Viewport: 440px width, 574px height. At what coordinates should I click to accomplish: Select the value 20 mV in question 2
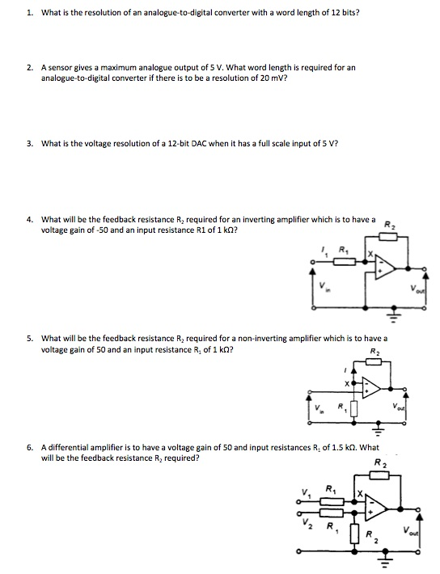tap(273, 78)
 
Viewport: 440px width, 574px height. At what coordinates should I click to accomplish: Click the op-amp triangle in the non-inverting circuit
tap(373, 390)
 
